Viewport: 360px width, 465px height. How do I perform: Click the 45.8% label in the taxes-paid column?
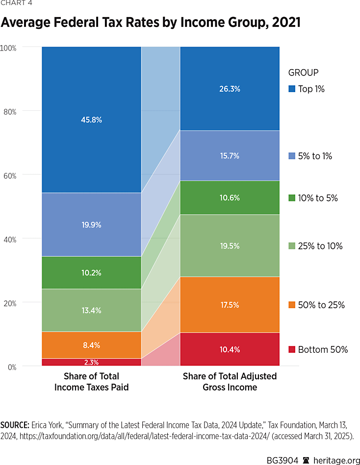92,120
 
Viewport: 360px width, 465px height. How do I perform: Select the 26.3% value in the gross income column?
230,89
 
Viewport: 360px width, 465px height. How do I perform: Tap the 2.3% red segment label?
92,363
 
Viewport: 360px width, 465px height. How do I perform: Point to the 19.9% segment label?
92,225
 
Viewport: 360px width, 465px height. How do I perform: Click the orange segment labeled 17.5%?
230,305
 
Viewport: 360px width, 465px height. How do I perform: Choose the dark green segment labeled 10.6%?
230,198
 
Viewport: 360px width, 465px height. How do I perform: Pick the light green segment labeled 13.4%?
92,310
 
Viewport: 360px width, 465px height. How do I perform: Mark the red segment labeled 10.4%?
230,349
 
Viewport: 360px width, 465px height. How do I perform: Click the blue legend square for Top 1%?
291,89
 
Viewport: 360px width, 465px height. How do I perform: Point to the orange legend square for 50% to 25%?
291,305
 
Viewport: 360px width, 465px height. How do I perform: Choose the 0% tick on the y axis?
10,367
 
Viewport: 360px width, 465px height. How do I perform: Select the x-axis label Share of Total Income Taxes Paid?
92,382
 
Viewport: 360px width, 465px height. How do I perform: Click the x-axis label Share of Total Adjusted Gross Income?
230,382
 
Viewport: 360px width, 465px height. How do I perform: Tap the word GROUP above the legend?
303,73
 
